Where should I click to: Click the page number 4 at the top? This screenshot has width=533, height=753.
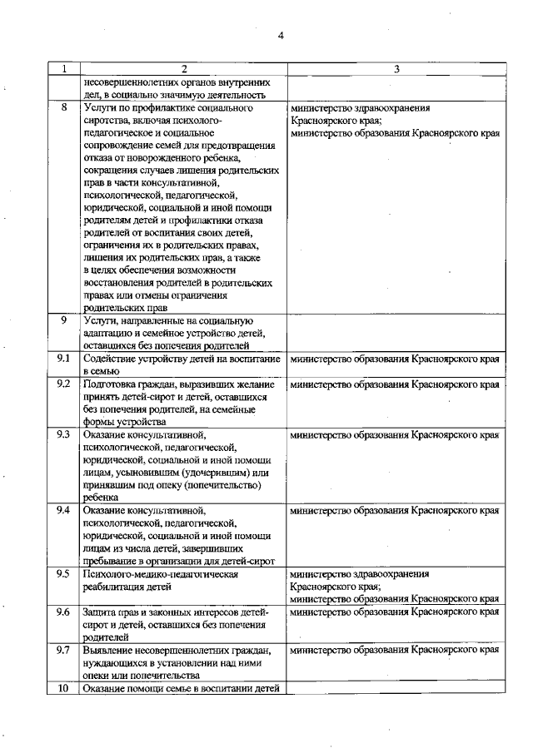coord(281,35)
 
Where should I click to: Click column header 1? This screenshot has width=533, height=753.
coord(63,69)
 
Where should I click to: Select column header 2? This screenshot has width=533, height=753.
coord(183,69)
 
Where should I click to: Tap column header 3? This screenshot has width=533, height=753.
coord(396,69)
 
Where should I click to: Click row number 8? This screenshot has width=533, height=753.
coord(63,108)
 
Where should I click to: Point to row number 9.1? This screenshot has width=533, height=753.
coord(63,359)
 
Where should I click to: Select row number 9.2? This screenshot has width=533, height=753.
coord(63,384)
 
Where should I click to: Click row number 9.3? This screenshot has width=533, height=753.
coord(63,434)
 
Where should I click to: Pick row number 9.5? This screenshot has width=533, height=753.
coord(63,574)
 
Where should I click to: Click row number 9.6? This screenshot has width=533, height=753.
coord(63,612)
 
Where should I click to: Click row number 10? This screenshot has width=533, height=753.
coord(63,687)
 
